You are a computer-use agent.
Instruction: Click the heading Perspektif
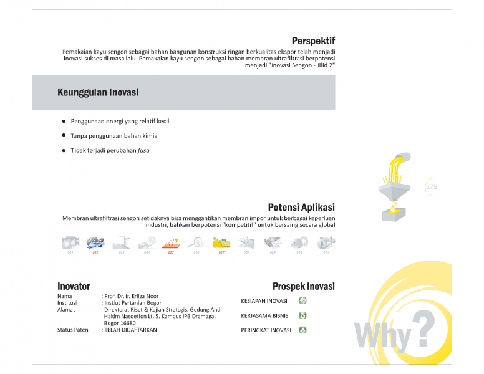tap(313, 41)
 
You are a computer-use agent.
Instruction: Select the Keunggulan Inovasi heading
tap(98, 92)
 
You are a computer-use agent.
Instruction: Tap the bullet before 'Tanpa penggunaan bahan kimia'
tap(64, 135)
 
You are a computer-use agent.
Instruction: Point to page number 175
tap(432, 186)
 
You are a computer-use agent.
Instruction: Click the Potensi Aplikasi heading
tap(301, 208)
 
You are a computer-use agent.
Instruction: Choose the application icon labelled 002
tap(95, 243)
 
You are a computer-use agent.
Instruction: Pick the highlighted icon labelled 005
tap(171, 243)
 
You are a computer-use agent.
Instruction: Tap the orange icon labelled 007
tap(221, 243)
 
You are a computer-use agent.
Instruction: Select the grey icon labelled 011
tap(326, 243)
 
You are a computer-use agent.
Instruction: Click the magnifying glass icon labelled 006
tap(196, 243)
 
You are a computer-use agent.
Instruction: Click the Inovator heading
tap(74, 287)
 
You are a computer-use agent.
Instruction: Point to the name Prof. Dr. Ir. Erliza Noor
tap(131, 296)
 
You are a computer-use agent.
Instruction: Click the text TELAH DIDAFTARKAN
tap(130, 330)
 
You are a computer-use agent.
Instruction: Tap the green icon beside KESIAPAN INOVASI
tap(302, 301)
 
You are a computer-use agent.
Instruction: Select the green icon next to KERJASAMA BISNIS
tap(302, 315)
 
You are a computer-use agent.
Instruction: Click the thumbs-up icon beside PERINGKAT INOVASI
tap(302, 330)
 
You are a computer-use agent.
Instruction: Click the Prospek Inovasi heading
tap(303, 287)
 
